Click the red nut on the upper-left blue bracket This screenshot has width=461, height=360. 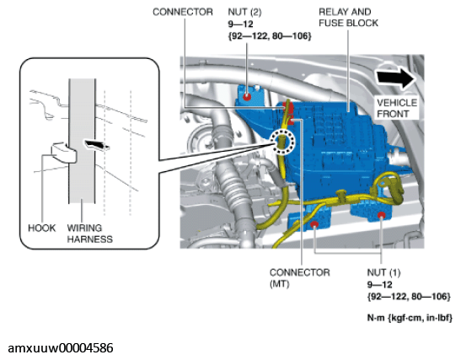(246, 96)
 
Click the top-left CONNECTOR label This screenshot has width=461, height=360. (180, 12)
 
